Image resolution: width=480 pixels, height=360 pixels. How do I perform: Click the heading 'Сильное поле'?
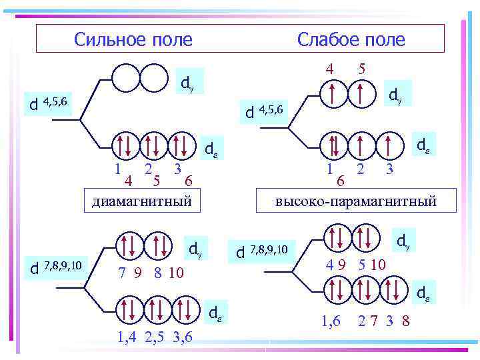click(x=133, y=40)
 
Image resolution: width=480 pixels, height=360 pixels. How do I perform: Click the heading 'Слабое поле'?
click(x=351, y=40)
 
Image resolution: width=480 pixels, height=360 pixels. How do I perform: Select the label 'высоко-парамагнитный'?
click(x=355, y=201)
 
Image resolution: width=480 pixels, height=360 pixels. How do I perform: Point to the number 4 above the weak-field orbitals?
click(x=329, y=69)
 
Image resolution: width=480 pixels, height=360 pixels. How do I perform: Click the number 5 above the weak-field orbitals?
click(x=361, y=69)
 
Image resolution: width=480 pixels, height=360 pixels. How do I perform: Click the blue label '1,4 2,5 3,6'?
click(x=155, y=337)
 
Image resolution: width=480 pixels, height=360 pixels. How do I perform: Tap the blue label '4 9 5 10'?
click(x=355, y=265)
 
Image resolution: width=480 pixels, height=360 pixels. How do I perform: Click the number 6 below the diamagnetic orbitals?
click(x=189, y=181)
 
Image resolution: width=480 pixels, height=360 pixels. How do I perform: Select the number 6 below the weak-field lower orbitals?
click(x=341, y=181)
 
